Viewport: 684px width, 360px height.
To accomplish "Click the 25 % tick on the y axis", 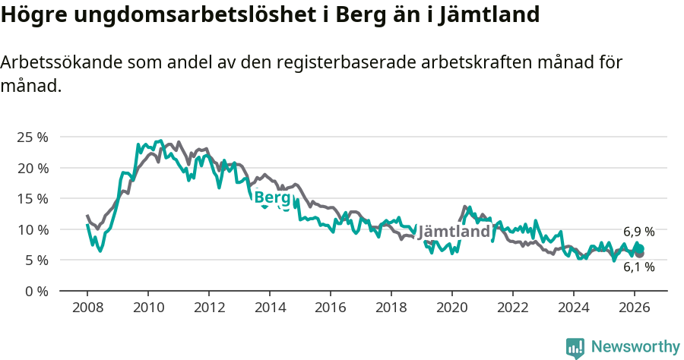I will pyautogui.click(x=32, y=137).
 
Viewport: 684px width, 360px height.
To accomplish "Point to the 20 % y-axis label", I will pyautogui.click(x=32, y=168).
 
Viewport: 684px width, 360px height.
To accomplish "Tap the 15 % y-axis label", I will pyautogui.click(x=32, y=198).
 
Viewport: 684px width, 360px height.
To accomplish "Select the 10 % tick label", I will pyautogui.click(x=32, y=229).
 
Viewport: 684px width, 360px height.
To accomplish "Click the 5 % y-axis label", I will pyautogui.click(x=36, y=260).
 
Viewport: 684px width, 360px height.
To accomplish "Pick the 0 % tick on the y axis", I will pyautogui.click(x=36, y=291).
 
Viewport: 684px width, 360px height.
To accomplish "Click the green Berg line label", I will pyautogui.click(x=272, y=198).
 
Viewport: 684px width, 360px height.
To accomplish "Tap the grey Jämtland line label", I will pyautogui.click(x=454, y=231).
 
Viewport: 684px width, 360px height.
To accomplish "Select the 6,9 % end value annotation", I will pyautogui.click(x=638, y=232).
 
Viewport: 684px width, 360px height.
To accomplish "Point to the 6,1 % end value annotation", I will pyautogui.click(x=638, y=267).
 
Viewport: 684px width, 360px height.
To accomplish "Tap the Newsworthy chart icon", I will pyautogui.click(x=575, y=348).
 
